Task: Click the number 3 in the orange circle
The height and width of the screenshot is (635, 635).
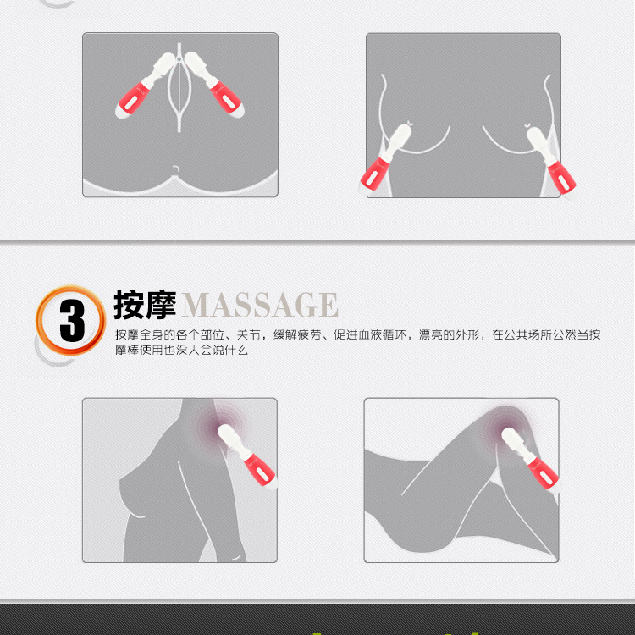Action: (x=72, y=321)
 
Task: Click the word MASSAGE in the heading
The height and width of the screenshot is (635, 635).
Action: (x=260, y=305)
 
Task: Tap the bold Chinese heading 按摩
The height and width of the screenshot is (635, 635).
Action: (x=145, y=305)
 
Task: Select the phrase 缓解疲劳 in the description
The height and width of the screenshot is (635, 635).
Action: (x=297, y=335)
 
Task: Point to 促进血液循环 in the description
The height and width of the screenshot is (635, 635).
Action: (x=370, y=335)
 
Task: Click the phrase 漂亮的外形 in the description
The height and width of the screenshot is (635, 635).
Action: (x=449, y=335)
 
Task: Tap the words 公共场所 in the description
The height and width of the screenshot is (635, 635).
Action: (x=528, y=335)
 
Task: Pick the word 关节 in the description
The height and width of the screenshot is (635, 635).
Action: (x=249, y=335)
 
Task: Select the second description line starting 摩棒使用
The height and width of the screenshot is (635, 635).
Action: (x=181, y=350)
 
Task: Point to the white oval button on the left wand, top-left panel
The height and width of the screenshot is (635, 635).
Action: (x=130, y=102)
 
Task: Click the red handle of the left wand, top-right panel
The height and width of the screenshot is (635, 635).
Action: (x=376, y=174)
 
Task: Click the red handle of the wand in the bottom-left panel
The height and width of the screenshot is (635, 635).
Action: (x=260, y=469)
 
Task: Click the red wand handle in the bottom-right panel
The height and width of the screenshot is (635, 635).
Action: (x=543, y=472)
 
